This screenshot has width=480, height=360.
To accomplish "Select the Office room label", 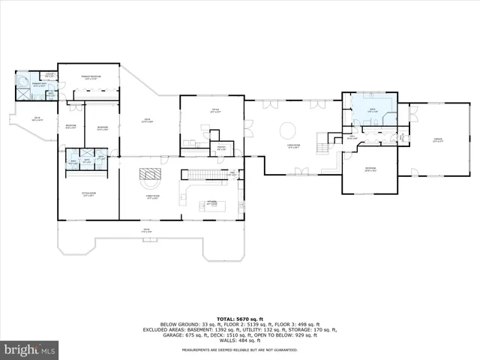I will tap(214, 113).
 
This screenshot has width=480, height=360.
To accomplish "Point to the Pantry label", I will tap(220, 148).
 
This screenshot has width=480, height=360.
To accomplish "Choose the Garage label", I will tap(437, 139).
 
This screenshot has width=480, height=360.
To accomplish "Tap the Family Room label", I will tap(152, 196).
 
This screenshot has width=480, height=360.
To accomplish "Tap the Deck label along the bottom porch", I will tap(148, 230).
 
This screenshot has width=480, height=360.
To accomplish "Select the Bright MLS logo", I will tap(28, 349).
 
